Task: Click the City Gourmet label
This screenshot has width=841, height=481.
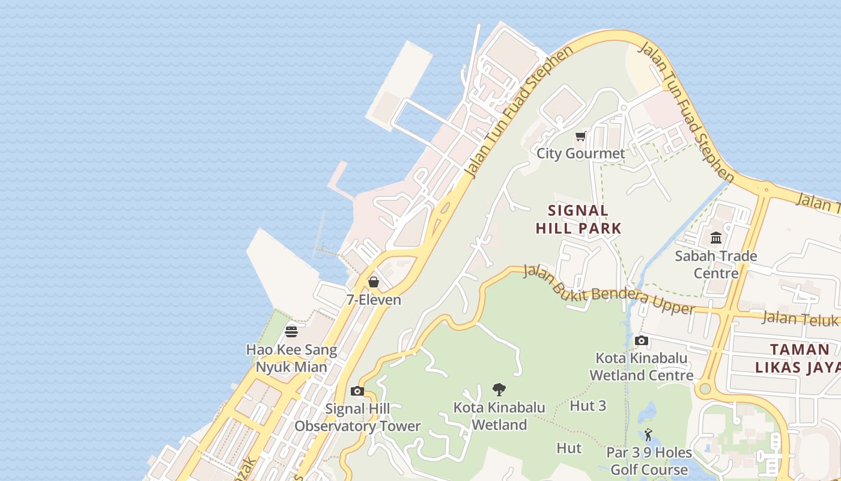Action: pyautogui.click(x=580, y=153)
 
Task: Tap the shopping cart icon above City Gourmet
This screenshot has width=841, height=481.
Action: pyautogui.click(x=580, y=136)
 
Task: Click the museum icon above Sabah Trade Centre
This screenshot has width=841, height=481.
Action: pyautogui.click(x=716, y=238)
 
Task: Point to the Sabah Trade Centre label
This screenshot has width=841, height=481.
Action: pyautogui.click(x=716, y=265)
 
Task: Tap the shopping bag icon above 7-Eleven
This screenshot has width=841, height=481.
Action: pyautogui.click(x=374, y=282)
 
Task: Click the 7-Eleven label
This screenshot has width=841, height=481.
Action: pyautogui.click(x=374, y=299)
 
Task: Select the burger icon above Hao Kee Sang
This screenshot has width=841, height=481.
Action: pyautogui.click(x=291, y=332)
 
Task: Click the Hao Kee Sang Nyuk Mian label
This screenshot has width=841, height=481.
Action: pyautogui.click(x=292, y=358)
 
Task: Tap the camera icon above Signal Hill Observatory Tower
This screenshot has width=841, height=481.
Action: pyautogui.click(x=357, y=391)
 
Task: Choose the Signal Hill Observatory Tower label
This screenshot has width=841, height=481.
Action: pyautogui.click(x=357, y=417)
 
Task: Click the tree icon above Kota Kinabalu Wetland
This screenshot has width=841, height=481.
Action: pyautogui.click(x=499, y=390)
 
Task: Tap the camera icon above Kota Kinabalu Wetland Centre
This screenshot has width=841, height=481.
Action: pyautogui.click(x=642, y=341)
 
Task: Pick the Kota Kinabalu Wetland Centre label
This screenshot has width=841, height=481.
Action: pyautogui.click(x=642, y=367)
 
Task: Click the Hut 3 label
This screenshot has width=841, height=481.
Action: pyautogui.click(x=588, y=406)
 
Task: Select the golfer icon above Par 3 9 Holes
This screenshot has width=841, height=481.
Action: pyautogui.click(x=648, y=435)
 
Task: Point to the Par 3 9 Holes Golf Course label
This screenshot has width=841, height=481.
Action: pyautogui.click(x=649, y=461)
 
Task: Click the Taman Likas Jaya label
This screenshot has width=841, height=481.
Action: pyautogui.click(x=800, y=358)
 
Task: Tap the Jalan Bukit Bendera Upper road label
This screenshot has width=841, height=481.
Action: pyautogui.click(x=609, y=290)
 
